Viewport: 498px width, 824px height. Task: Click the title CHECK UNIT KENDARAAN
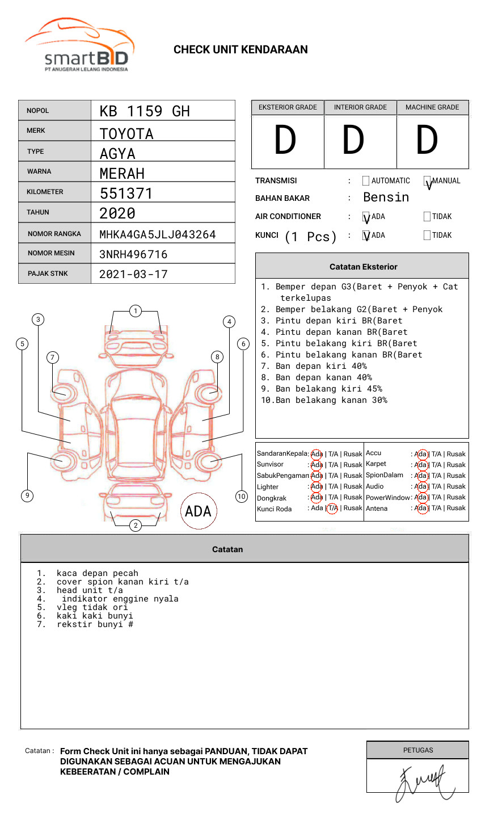tap(240, 50)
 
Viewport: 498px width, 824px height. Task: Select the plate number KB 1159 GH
tap(145, 111)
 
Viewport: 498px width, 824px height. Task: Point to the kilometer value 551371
tap(126, 194)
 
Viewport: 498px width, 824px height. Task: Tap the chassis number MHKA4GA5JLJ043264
tap(158, 234)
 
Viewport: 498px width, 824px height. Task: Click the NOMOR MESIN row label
tap(51, 253)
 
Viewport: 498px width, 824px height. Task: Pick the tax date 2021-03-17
tap(133, 274)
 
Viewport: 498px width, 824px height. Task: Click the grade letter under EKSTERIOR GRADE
tap(285, 140)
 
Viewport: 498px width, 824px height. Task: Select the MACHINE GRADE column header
tap(432, 107)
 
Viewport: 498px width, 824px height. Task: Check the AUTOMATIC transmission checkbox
tap(366, 181)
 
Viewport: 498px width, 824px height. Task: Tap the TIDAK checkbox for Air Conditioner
tap(427, 216)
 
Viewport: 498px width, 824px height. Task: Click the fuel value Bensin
tap(386, 197)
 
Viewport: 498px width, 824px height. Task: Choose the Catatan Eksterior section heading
tap(363, 267)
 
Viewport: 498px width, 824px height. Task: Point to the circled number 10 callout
tap(242, 497)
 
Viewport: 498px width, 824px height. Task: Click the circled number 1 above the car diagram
tap(135, 310)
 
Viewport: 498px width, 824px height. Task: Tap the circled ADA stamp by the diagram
tap(198, 511)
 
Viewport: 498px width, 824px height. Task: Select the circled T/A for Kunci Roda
tap(332, 508)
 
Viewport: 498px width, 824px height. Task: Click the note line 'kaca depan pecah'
tap(97, 573)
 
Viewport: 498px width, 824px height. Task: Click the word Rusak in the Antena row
tap(456, 508)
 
